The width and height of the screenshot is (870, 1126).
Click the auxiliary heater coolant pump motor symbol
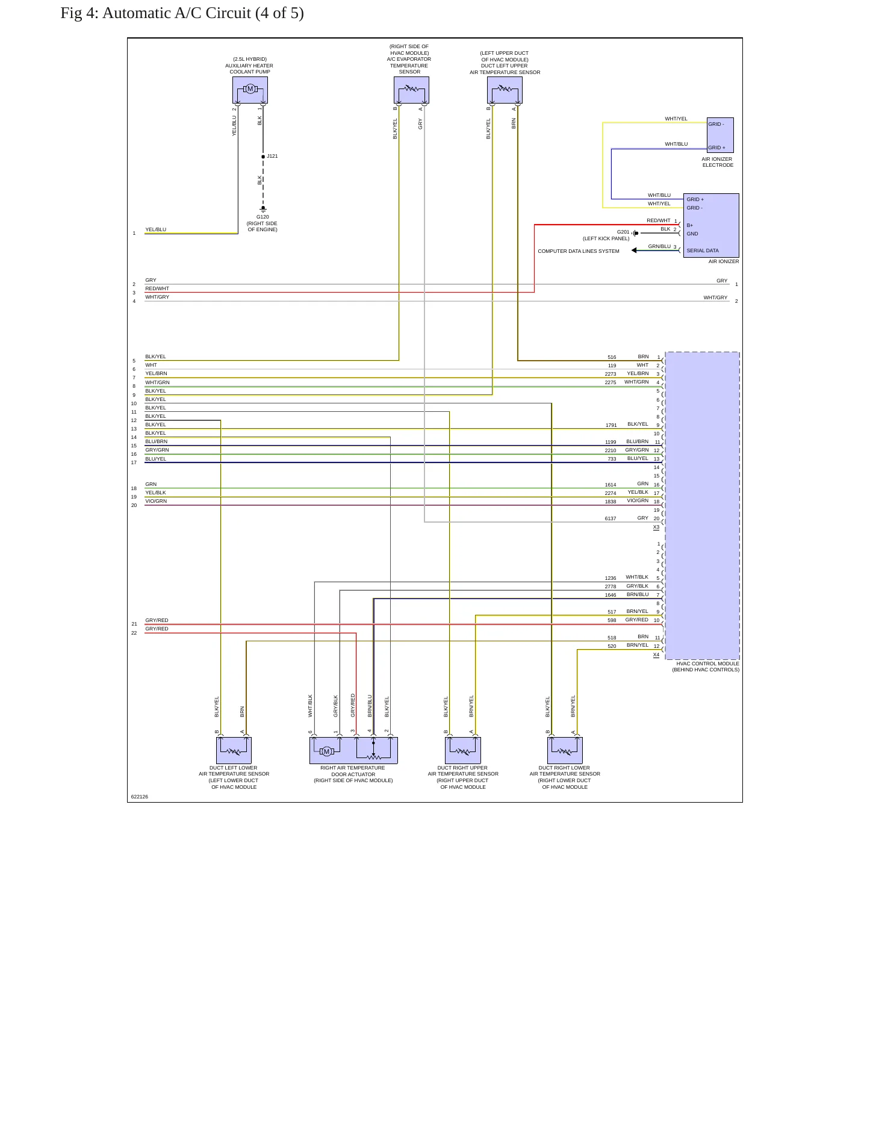(250, 89)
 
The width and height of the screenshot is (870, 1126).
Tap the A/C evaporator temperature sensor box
(411, 90)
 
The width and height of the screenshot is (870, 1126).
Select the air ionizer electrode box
(720, 135)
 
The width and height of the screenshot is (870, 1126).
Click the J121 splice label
(272, 156)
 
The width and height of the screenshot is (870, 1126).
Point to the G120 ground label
(263, 217)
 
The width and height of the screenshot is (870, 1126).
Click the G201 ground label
(623, 232)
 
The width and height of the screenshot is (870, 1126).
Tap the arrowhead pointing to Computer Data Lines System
(634, 250)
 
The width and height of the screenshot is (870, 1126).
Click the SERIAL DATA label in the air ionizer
(703, 250)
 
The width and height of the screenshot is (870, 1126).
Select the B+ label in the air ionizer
(690, 225)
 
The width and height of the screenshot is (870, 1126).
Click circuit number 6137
(611, 518)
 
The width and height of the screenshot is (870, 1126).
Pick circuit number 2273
(611, 374)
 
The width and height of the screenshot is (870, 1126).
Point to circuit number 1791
(611, 425)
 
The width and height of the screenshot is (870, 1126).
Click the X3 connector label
(656, 527)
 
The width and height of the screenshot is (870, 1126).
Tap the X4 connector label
(656, 655)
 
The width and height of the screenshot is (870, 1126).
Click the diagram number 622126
(140, 797)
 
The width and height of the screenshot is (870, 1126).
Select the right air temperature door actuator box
(353, 750)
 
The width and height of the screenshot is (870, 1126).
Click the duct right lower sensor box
(565, 750)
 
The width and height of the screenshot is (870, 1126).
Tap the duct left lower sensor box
(234, 750)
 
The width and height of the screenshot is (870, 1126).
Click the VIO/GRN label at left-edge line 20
(156, 501)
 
